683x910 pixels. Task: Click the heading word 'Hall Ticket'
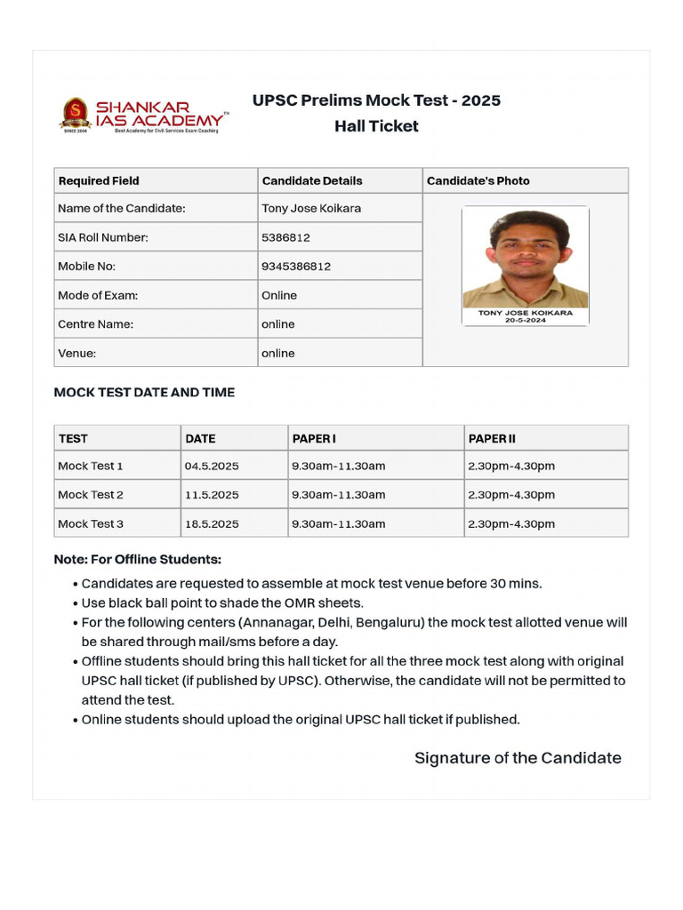click(x=376, y=126)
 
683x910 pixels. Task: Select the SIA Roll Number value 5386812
click(x=285, y=237)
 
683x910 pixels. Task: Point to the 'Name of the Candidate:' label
click(x=122, y=209)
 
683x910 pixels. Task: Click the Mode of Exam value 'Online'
click(x=279, y=295)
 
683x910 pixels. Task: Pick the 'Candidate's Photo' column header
click(x=478, y=180)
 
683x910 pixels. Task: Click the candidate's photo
click(x=526, y=258)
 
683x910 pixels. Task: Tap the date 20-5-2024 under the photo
click(x=526, y=320)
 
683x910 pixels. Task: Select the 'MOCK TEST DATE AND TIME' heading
click(x=144, y=392)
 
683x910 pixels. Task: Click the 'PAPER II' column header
click(x=492, y=438)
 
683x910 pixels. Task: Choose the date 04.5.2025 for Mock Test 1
click(x=212, y=466)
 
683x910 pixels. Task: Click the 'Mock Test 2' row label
click(x=91, y=495)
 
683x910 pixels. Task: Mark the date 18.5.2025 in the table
click(x=212, y=523)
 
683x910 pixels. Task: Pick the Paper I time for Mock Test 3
click(x=338, y=523)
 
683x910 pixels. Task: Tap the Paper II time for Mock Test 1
click(x=510, y=466)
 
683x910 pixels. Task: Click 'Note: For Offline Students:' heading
click(x=137, y=559)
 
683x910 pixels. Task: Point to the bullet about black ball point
click(x=222, y=603)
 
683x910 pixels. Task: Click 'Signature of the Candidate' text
click(x=518, y=758)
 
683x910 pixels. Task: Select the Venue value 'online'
click(x=277, y=353)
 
